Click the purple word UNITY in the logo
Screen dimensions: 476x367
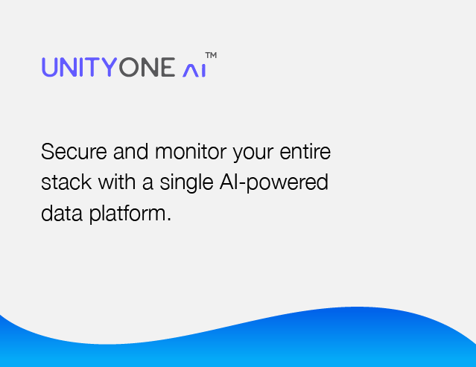pos(80,67)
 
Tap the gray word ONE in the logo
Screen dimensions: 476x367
pos(147,67)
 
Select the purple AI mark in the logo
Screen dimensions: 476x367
pos(194,71)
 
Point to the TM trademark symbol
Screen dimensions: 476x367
pos(211,55)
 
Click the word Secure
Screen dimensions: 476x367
pos(74,151)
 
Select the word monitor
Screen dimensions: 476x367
pos(191,151)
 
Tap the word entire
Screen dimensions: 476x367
pos(305,151)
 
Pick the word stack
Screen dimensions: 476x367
pos(66,182)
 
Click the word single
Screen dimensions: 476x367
pos(186,183)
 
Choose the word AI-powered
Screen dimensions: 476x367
pos(274,183)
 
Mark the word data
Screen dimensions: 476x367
pos(62,213)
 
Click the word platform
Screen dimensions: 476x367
pos(127,214)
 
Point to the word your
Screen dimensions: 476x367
pos(253,153)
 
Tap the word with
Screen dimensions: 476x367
pos(117,182)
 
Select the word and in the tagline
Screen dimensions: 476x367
pos(131,151)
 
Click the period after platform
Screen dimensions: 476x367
pos(169,220)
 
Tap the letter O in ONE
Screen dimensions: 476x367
pos(129,67)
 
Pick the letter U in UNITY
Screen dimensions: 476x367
pos(49,67)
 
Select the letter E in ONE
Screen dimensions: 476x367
pos(168,67)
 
